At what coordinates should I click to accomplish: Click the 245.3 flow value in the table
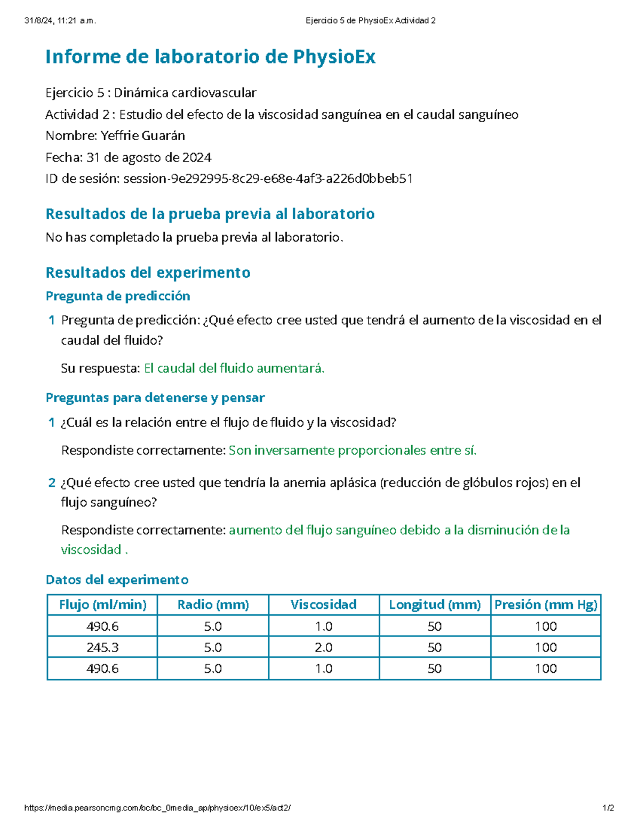[102, 647]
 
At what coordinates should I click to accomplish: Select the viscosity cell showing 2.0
[324, 647]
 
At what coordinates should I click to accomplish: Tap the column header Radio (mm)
[213, 605]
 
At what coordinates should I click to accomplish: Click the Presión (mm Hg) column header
[546, 605]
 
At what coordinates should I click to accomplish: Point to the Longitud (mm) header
[435, 605]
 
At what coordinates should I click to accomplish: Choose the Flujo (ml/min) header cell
[102, 605]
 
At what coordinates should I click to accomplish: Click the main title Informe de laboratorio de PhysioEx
[210, 57]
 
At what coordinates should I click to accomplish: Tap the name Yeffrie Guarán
[143, 136]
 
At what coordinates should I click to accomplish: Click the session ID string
[268, 179]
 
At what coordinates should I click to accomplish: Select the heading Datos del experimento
[117, 580]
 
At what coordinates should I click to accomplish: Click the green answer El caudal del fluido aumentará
[234, 368]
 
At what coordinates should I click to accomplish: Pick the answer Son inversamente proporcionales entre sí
[353, 451]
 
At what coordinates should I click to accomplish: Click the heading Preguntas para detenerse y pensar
[155, 398]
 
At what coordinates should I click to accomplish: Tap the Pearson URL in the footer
[157, 808]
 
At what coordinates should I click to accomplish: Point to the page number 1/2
[608, 808]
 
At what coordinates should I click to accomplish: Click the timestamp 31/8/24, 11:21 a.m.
[60, 21]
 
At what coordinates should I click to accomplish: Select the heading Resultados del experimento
[148, 272]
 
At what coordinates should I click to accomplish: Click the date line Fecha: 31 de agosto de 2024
[129, 157]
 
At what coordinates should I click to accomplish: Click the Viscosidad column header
[324, 605]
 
